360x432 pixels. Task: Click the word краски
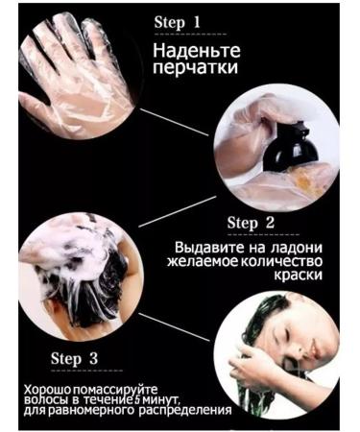291,275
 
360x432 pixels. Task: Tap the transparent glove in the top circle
72,62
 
